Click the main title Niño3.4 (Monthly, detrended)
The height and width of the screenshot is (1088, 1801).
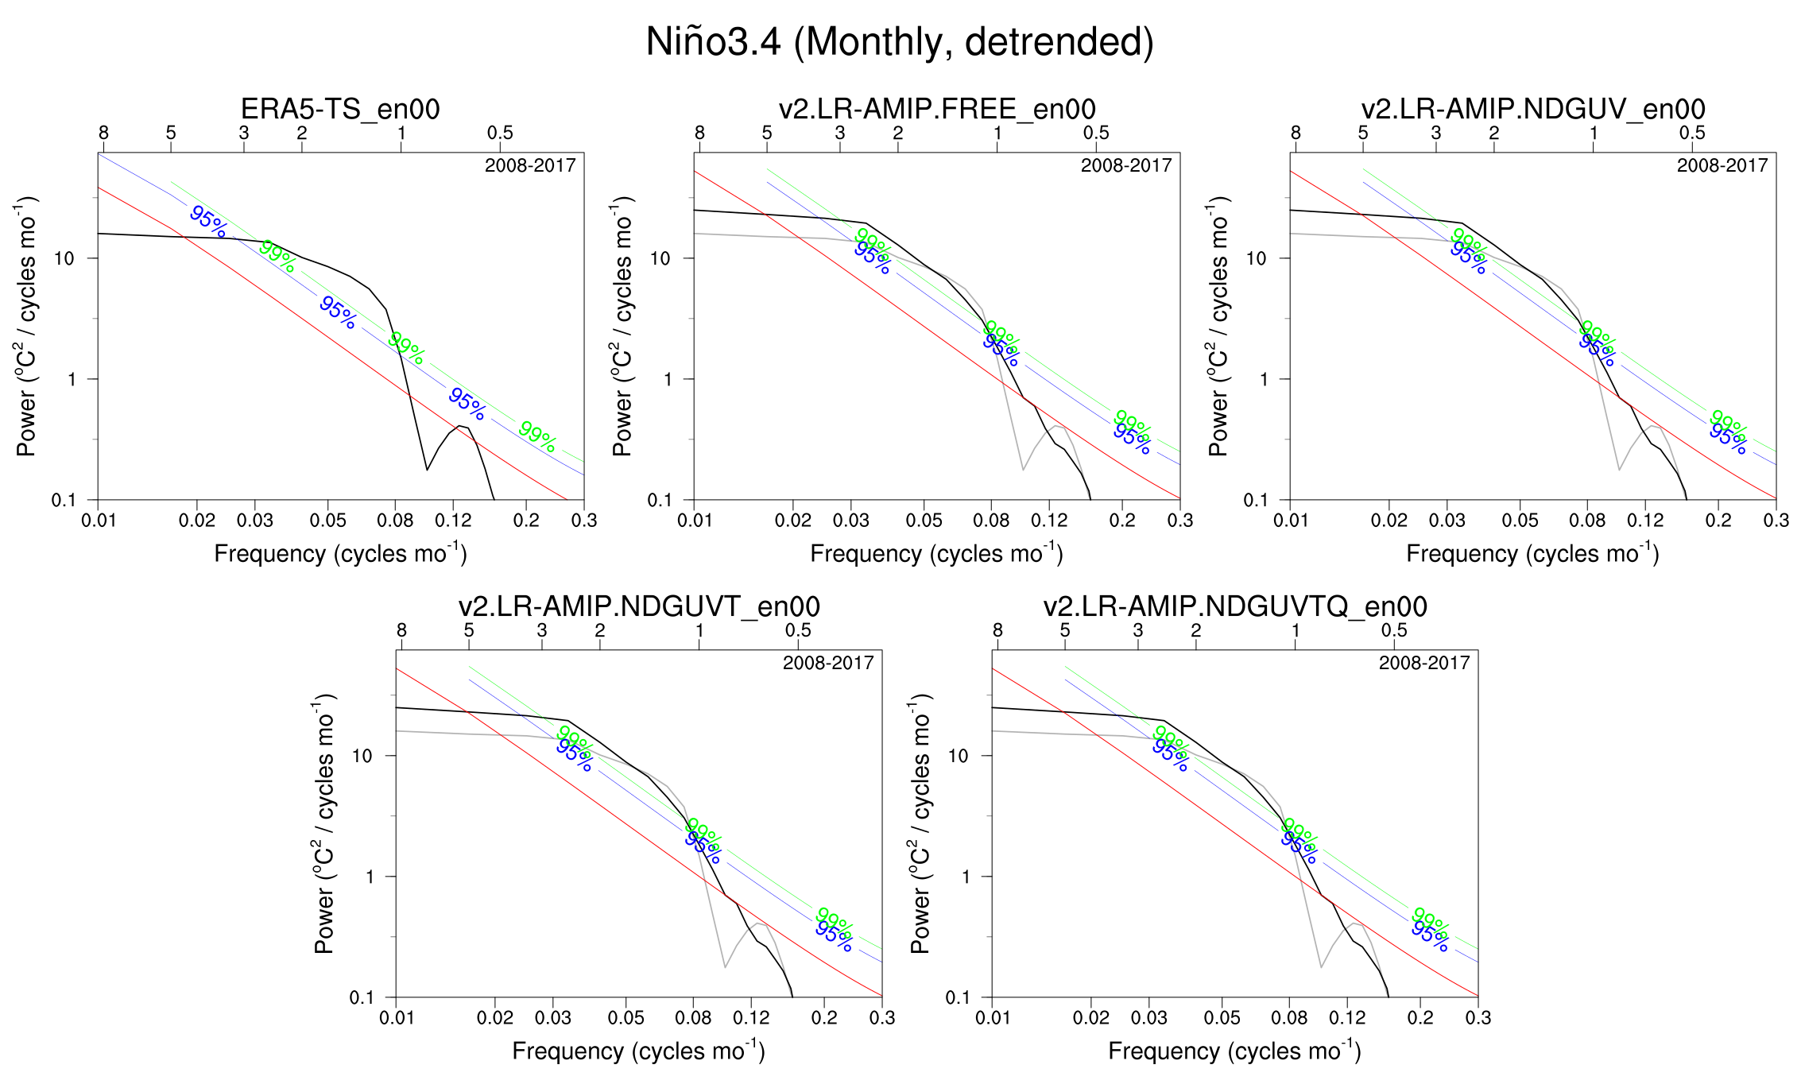(900, 42)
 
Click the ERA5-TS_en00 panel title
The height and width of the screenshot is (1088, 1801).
(340, 109)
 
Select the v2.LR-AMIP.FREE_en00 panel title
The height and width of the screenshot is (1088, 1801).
(937, 109)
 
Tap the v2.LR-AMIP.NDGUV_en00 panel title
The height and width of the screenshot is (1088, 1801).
(1533, 109)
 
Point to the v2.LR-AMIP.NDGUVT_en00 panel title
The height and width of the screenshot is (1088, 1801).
(639, 606)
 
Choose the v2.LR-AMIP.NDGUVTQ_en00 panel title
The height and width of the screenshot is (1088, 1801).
(1235, 606)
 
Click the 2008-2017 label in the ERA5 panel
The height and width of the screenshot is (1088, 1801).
(530, 165)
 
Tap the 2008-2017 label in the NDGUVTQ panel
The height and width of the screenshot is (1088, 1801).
(1424, 663)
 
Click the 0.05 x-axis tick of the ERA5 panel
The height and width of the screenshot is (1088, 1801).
(327, 521)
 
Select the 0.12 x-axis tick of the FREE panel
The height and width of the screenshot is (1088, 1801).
(1049, 521)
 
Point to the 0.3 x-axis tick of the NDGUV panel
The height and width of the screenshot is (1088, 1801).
(1776, 521)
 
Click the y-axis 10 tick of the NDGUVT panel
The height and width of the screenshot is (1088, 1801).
(362, 756)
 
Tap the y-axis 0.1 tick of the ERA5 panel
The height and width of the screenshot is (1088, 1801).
(64, 500)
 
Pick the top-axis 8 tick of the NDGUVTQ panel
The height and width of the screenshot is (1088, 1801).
(997, 630)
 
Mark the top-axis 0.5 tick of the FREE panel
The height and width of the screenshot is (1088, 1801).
(1096, 133)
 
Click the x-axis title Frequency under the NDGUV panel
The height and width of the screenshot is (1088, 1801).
(1532, 553)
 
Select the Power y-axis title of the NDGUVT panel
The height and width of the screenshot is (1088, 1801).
(324, 823)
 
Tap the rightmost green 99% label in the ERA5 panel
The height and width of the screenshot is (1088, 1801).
(537, 436)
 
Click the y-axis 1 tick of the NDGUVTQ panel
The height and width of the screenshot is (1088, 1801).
(966, 877)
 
